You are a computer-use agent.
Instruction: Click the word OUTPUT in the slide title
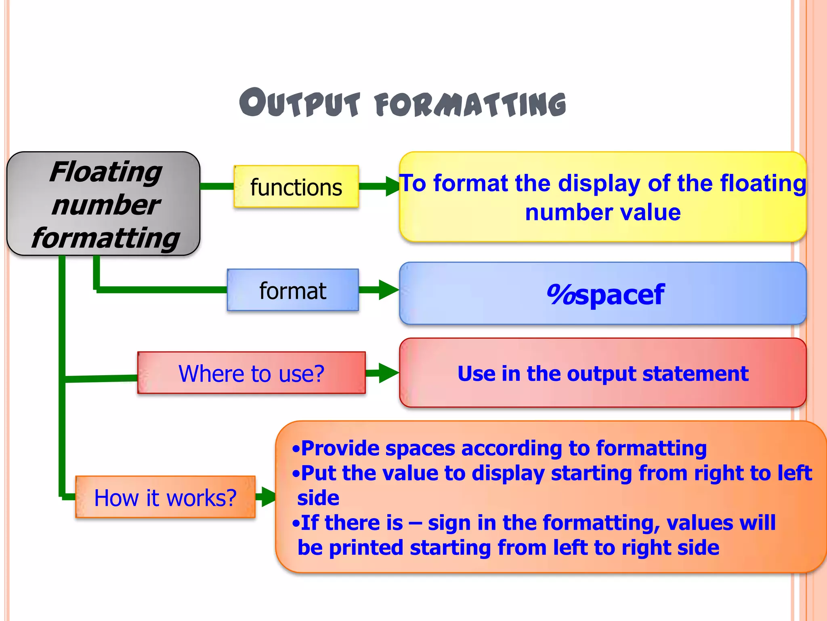[300, 103]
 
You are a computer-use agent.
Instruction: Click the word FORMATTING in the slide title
[471, 104]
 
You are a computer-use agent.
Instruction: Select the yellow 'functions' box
[296, 187]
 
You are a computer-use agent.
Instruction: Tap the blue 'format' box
[293, 290]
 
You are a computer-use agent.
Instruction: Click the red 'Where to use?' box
[251, 373]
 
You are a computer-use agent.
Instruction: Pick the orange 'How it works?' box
[165, 497]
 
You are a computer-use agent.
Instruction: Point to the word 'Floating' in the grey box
[105, 172]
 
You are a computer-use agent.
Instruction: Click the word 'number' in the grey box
[105, 205]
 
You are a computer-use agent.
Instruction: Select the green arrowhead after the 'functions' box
[392, 186]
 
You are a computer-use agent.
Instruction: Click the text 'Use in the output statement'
[602, 373]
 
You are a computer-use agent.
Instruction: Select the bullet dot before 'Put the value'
[296, 473]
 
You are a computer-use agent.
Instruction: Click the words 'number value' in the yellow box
[602, 213]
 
